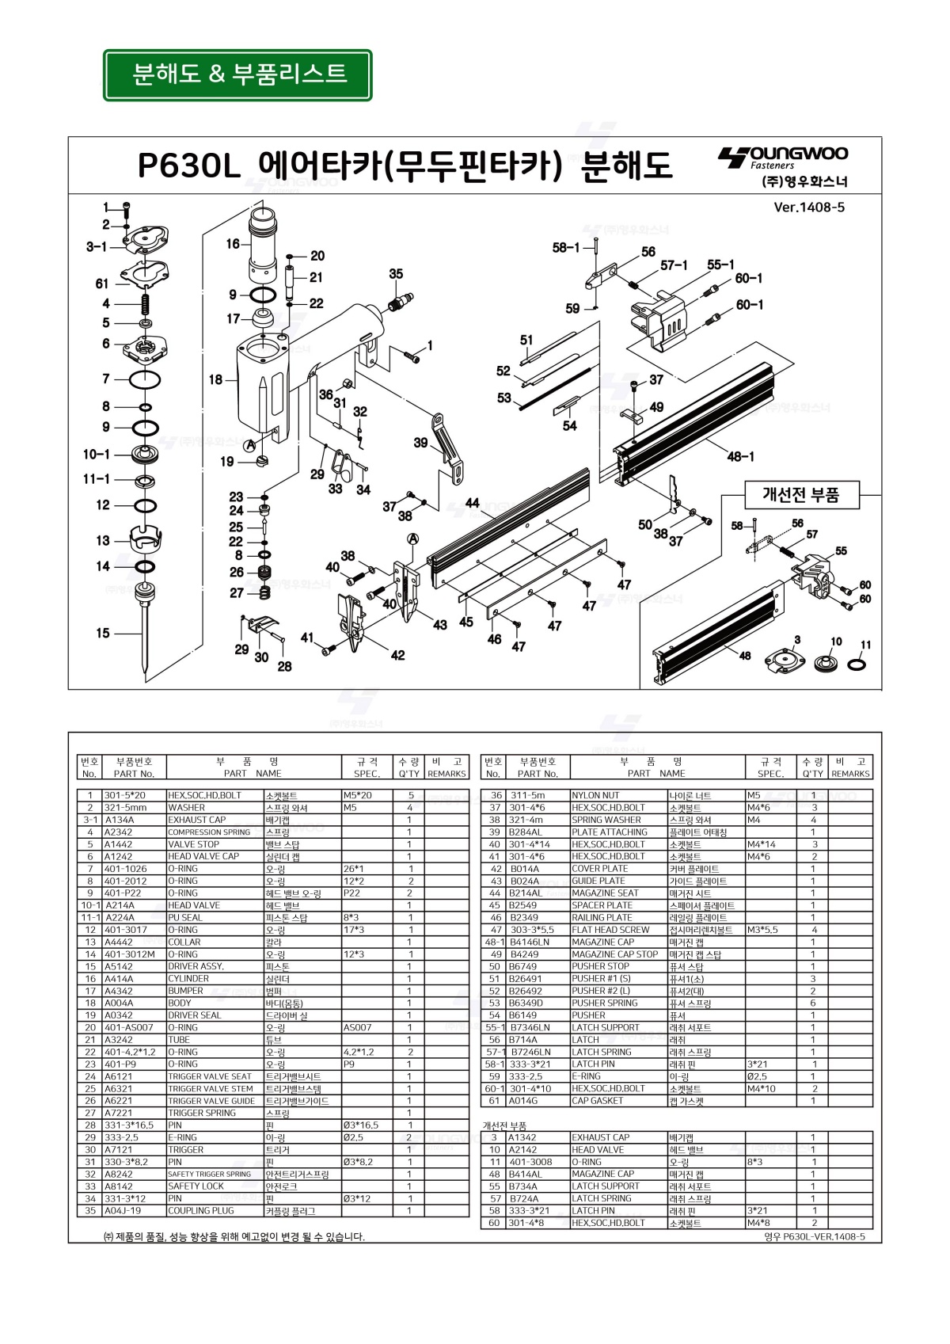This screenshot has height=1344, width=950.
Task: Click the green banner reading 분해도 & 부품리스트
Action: tap(237, 74)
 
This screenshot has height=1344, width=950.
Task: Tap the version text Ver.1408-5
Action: tap(808, 208)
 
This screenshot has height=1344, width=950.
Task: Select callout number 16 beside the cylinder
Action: tap(233, 244)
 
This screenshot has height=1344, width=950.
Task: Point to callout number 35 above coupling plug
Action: tap(396, 274)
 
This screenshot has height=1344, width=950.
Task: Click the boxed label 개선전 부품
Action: tap(800, 496)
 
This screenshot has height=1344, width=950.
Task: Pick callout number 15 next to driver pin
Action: tap(103, 633)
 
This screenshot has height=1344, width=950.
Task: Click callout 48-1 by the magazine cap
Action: tap(741, 457)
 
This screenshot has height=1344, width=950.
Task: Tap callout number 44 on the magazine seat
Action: tap(472, 503)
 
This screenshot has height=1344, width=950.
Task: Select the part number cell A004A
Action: tap(120, 1003)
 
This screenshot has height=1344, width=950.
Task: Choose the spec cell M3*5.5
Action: tap(764, 930)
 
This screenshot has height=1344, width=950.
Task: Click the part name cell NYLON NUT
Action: tap(595, 795)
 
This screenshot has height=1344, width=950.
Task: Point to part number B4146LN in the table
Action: tap(530, 942)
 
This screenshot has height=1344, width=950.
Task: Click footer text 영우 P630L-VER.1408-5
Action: tap(815, 1236)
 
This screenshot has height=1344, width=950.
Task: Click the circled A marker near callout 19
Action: tap(249, 445)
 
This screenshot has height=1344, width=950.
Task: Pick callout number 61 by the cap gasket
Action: tap(102, 284)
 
